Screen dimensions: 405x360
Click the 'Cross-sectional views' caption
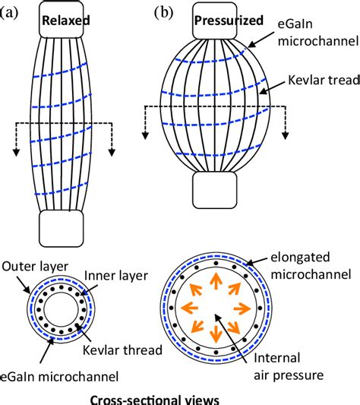(142, 397)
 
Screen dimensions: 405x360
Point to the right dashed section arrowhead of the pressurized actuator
(286, 134)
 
